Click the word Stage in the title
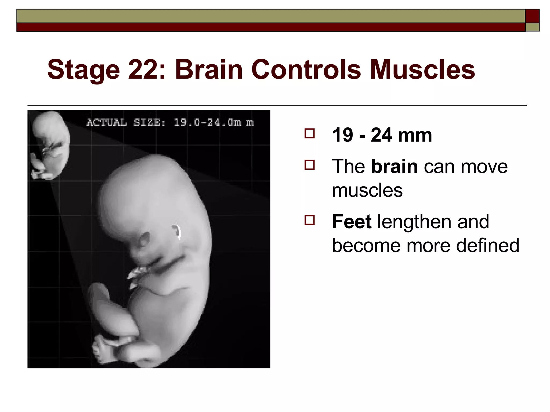click(x=83, y=70)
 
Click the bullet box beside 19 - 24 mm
click(x=310, y=133)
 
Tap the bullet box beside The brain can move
click(x=310, y=165)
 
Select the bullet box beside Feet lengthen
click(x=310, y=220)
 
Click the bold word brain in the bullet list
click(x=394, y=166)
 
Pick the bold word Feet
click(x=352, y=222)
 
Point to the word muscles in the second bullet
click(x=367, y=190)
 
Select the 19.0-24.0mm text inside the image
click(x=214, y=123)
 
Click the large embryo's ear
click(x=177, y=231)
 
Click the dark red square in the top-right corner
click(x=532, y=16)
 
